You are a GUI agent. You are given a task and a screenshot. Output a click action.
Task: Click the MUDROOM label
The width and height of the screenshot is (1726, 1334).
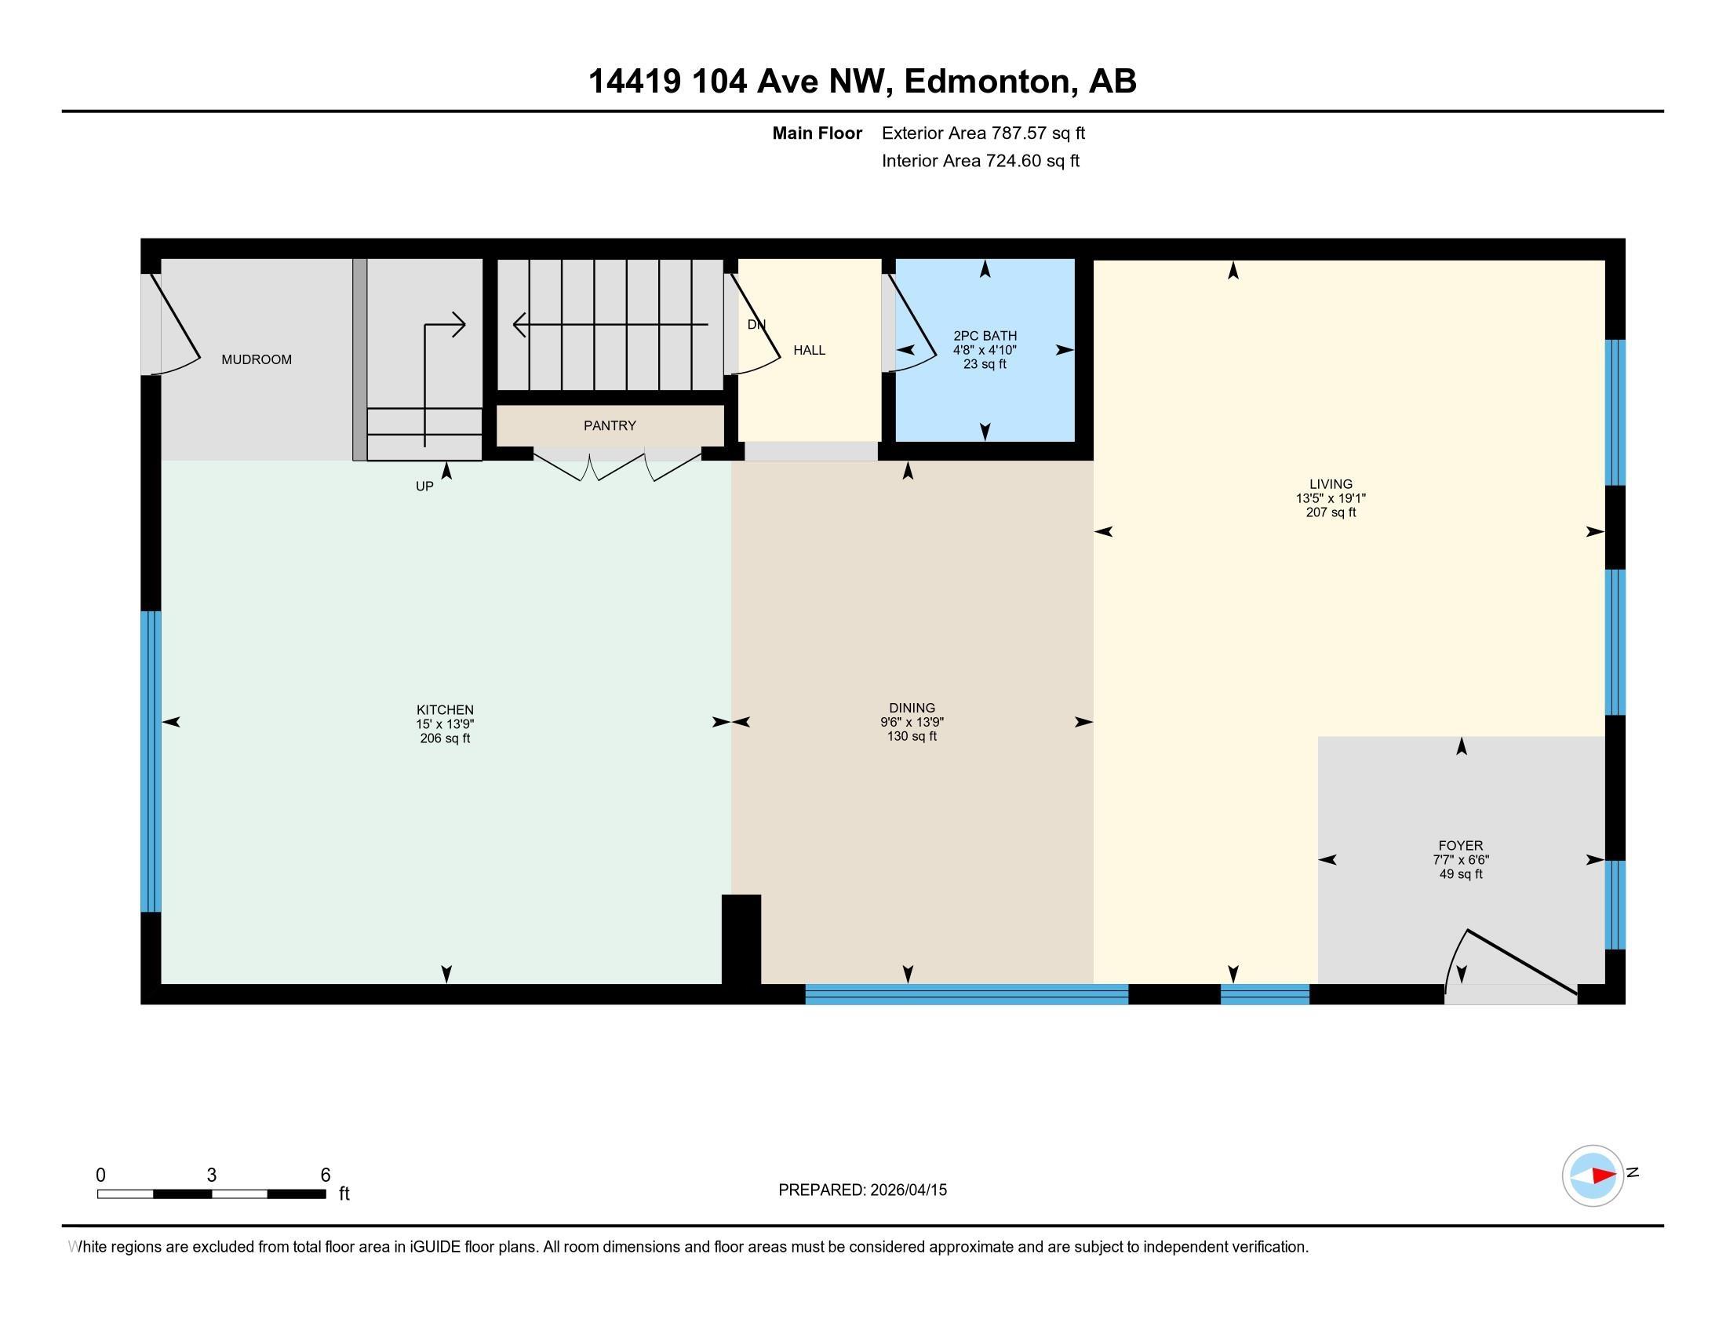click(x=256, y=359)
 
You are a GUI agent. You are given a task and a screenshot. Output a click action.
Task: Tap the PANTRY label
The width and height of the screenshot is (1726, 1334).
click(x=610, y=426)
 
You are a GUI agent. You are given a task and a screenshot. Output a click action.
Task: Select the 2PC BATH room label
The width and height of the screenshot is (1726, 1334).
click(x=985, y=336)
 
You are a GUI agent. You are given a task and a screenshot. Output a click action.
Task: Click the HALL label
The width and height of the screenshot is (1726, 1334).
click(x=810, y=350)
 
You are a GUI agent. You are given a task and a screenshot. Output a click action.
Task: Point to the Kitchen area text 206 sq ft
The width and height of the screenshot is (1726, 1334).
click(x=445, y=739)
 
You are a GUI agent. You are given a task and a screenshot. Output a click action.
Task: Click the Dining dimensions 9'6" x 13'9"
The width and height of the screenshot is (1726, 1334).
click(x=912, y=722)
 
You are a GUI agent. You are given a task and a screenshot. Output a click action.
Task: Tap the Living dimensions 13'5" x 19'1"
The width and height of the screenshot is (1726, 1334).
click(x=1331, y=498)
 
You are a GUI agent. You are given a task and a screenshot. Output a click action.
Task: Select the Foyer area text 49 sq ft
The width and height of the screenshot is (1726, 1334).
click(x=1461, y=874)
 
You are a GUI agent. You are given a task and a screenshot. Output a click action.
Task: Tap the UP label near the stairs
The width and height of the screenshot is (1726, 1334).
click(x=424, y=487)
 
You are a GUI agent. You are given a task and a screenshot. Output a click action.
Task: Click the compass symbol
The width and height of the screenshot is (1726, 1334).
click(x=1593, y=1176)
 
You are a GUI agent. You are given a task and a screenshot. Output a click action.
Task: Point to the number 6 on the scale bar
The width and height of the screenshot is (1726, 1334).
click(x=325, y=1175)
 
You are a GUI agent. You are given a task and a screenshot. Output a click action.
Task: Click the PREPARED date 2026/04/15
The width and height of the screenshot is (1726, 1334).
click(x=908, y=1190)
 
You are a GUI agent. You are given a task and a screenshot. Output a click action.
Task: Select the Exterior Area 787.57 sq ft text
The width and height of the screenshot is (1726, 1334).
click(x=983, y=133)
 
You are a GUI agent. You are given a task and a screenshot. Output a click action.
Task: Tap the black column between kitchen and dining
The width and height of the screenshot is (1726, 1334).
click(x=741, y=939)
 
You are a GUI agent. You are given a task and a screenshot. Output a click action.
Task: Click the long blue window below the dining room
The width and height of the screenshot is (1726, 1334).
click(x=966, y=994)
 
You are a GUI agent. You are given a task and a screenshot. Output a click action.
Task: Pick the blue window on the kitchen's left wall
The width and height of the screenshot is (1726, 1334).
click(x=151, y=761)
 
